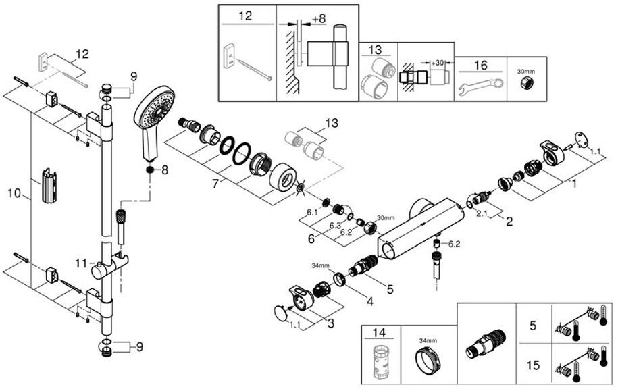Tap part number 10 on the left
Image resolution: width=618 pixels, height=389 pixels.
point(14,193)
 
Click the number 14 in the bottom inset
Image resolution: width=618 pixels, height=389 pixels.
point(379,332)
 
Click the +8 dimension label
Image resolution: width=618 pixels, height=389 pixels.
point(319,18)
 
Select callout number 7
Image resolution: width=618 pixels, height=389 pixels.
point(215,184)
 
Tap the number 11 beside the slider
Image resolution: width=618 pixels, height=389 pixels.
point(81,263)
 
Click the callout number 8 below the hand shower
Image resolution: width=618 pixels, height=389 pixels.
point(165,170)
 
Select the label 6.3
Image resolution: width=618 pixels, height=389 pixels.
point(335,225)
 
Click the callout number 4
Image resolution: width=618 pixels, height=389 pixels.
point(369,302)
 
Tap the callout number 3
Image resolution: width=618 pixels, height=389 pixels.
point(331,323)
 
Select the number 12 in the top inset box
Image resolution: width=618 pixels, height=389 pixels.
point(245,16)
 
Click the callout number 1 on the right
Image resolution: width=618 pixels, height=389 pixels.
point(574,183)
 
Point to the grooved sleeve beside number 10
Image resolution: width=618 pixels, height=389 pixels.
point(49,185)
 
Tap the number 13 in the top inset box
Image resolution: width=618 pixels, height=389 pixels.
point(376,50)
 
